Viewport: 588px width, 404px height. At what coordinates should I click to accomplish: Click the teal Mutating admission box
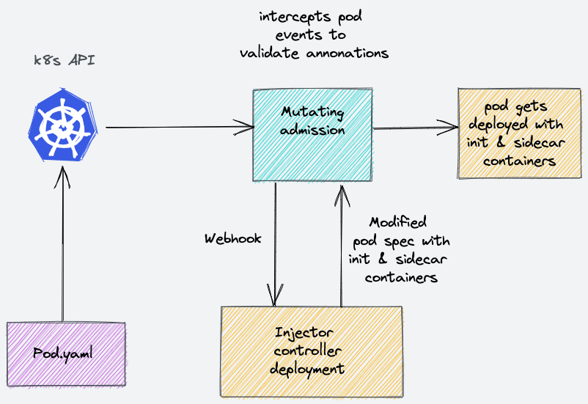(x=313, y=136)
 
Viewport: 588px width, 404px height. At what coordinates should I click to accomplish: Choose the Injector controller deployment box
(x=312, y=350)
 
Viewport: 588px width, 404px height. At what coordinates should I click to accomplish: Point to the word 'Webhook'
(x=232, y=239)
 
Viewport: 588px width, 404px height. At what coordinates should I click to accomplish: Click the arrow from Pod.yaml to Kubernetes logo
(x=64, y=242)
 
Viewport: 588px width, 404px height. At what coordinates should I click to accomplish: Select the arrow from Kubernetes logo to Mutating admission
(x=176, y=128)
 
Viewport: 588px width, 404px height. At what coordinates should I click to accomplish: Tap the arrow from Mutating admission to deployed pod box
(x=414, y=128)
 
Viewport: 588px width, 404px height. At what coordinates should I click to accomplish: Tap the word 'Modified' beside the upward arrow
(x=397, y=222)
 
